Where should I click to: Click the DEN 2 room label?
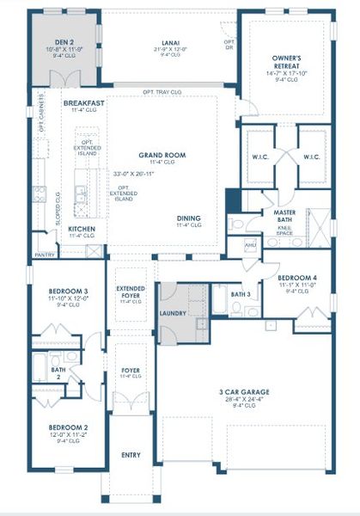(65, 40)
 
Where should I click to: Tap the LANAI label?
(170, 40)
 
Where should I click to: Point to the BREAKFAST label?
(85, 102)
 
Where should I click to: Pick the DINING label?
(189, 218)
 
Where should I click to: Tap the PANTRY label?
(45, 255)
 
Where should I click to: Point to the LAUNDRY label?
(175, 314)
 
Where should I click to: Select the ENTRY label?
(131, 454)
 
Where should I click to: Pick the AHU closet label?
(251, 246)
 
